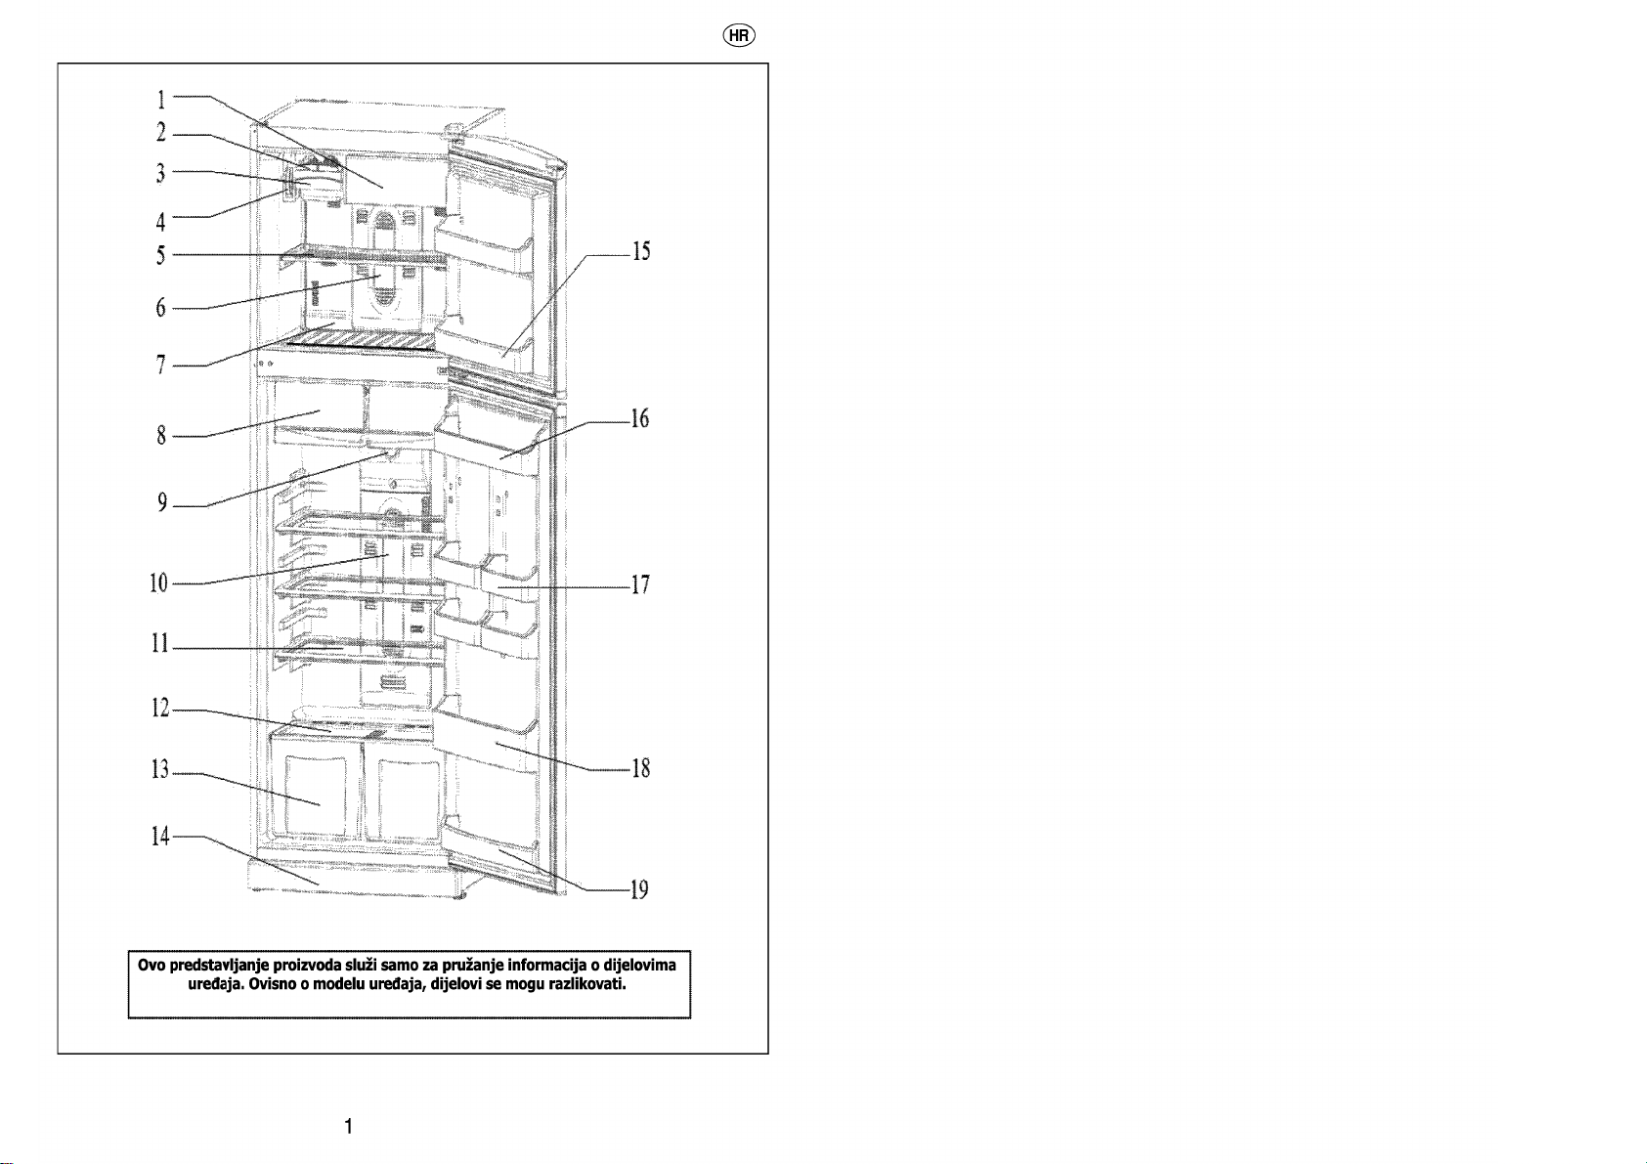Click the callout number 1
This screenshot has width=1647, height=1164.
[161, 100]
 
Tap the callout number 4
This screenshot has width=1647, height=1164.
[160, 221]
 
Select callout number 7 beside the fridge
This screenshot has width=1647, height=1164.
[161, 365]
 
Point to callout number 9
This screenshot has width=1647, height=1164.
[161, 502]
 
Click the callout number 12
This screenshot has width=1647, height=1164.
[160, 709]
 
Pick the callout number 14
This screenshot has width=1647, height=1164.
[160, 836]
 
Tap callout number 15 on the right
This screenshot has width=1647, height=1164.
[641, 251]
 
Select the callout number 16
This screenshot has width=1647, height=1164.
[640, 418]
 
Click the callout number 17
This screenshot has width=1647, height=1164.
[640, 584]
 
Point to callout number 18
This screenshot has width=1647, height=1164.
[641, 768]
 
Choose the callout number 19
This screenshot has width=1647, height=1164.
[639, 889]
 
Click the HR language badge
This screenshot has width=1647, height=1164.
[739, 36]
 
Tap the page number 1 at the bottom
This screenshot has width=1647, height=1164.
[349, 1126]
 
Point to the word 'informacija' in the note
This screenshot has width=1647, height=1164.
[547, 965]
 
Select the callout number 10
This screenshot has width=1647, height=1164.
[158, 583]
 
